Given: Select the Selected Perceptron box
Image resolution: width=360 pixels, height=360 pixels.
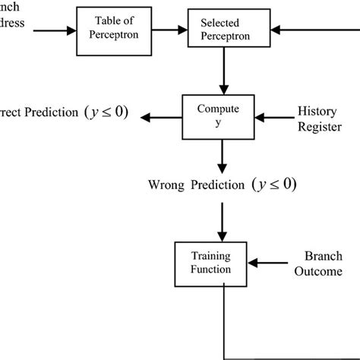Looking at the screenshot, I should click(x=221, y=31).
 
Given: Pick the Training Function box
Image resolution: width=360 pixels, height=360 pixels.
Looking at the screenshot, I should click(x=212, y=263).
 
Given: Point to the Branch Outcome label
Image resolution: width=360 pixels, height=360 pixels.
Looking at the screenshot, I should click(x=323, y=264).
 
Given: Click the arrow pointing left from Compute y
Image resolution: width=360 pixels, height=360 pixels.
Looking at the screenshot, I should click(x=163, y=117).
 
